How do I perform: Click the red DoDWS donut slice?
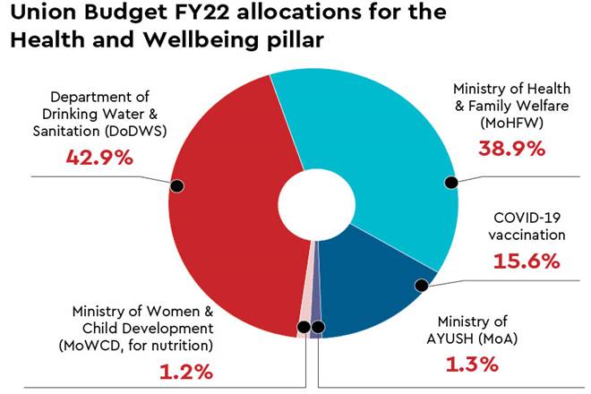(224, 224)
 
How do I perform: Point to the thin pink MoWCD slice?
(304, 304)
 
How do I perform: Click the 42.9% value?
(99, 158)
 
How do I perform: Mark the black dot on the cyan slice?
(451, 183)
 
